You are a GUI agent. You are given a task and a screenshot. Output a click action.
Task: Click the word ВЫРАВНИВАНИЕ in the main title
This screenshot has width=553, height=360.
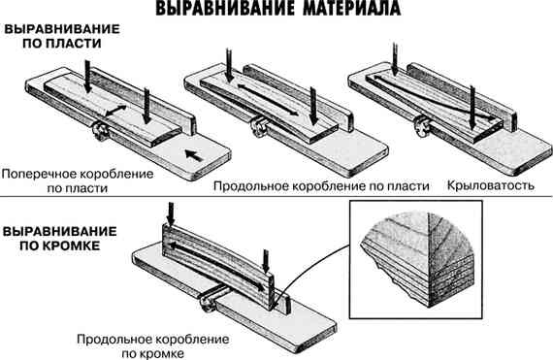click(x=215, y=12)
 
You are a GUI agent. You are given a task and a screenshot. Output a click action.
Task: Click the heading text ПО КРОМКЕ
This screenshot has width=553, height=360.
click(x=45, y=248)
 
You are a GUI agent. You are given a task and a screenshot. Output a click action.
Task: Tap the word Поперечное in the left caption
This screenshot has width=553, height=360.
click(x=37, y=172)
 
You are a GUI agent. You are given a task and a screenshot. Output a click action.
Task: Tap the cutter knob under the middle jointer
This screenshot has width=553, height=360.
click(x=259, y=123)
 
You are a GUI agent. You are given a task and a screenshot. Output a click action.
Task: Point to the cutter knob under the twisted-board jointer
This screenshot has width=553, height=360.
click(x=420, y=122)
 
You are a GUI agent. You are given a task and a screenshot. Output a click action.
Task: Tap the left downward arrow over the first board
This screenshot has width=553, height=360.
click(x=86, y=73)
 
